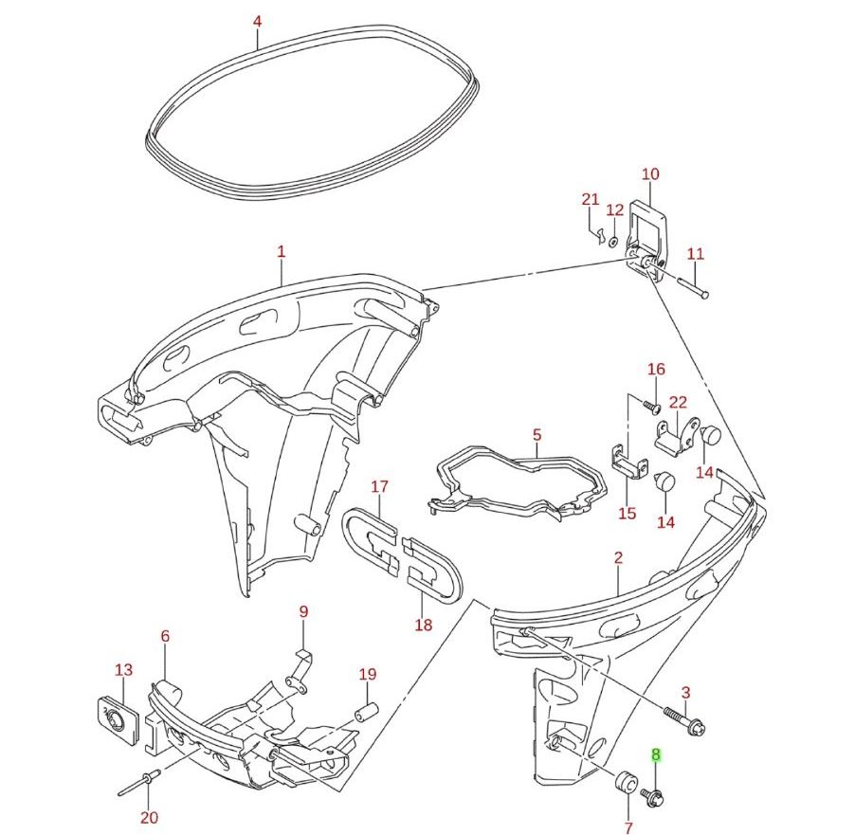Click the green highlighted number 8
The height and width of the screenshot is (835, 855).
point(655,756)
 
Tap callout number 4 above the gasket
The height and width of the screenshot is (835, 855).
point(258,20)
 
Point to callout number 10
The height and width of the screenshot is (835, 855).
point(650,174)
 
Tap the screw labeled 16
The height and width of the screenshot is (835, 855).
point(651,406)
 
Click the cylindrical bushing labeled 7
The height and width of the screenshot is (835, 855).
point(625,786)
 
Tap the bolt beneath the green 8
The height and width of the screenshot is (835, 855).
point(652,796)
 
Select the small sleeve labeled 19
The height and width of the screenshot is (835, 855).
point(366,712)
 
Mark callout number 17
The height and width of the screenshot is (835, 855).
point(379,487)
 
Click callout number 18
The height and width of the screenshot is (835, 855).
point(423,625)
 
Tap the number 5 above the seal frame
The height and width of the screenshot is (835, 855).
point(537,435)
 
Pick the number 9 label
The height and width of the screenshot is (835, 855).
point(303,612)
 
